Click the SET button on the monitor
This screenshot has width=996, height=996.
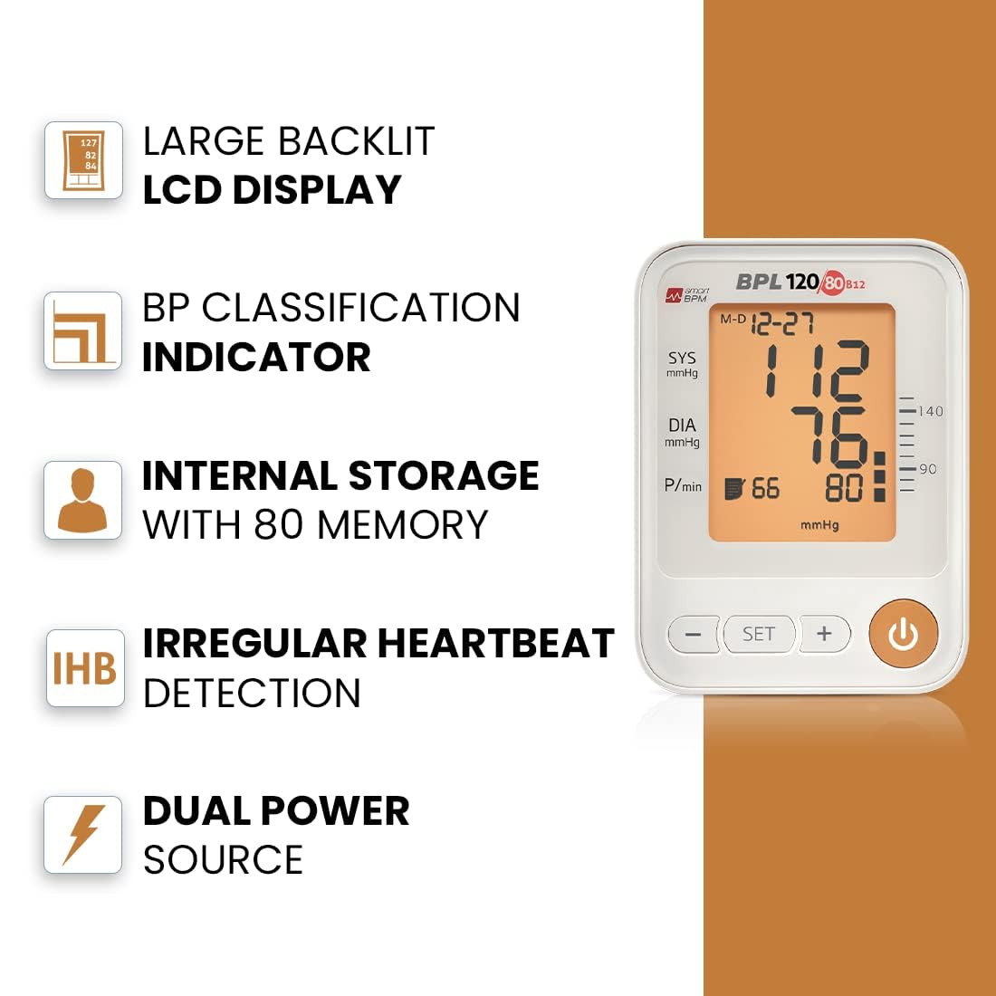click(759, 634)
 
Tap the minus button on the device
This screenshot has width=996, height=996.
click(693, 634)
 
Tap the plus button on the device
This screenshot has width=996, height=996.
click(825, 633)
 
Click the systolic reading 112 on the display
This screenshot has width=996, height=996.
click(817, 370)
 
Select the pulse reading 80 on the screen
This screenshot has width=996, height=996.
click(844, 488)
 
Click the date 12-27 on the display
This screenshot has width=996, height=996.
click(782, 323)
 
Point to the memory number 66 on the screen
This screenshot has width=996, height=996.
click(765, 488)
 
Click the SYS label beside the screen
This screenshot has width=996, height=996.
click(682, 359)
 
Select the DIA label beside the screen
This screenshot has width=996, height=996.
click(682, 425)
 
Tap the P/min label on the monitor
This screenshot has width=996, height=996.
click(683, 486)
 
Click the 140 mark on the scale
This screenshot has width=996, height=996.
click(931, 411)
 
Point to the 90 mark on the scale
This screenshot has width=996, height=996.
click(928, 469)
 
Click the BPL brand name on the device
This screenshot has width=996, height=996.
click(759, 282)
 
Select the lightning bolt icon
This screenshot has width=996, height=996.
click(83, 835)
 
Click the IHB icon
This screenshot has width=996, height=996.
click(84, 668)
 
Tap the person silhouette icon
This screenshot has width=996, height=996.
click(82, 500)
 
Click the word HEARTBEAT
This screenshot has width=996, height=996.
click(495, 643)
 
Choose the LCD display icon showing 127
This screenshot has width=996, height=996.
click(83, 160)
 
